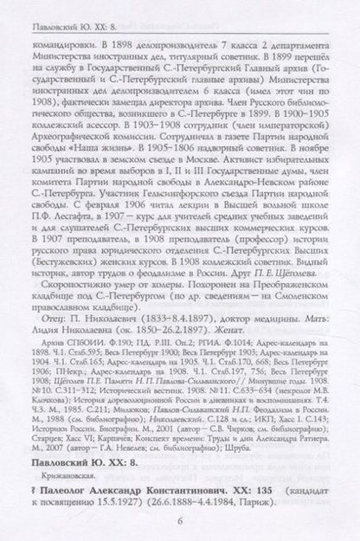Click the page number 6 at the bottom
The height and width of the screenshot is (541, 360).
click(179, 520)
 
